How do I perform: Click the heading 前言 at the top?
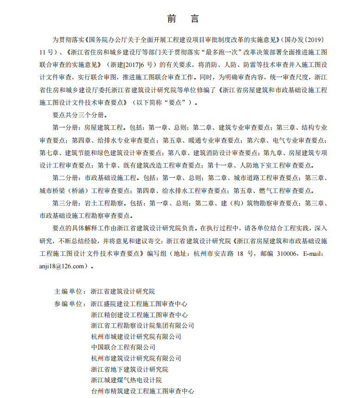point(183,19)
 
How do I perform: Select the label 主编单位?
point(69,292)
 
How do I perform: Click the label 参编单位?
point(69,304)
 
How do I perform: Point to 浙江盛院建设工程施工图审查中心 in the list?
point(139,304)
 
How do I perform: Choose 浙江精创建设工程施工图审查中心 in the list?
point(139,315)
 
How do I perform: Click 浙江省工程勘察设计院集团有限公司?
point(142,326)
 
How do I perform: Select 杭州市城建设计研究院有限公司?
point(136,337)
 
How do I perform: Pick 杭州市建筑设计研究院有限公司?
point(136,358)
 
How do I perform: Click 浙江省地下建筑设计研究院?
point(129,369)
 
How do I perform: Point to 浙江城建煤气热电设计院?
point(126,380)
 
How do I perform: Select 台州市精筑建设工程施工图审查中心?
point(142,391)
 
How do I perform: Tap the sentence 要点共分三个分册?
point(80,114)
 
